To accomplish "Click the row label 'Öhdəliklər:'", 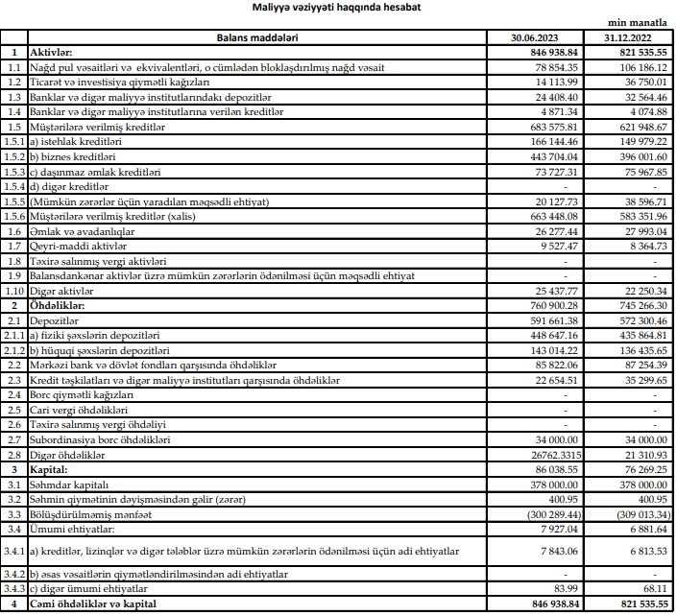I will (59, 305).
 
